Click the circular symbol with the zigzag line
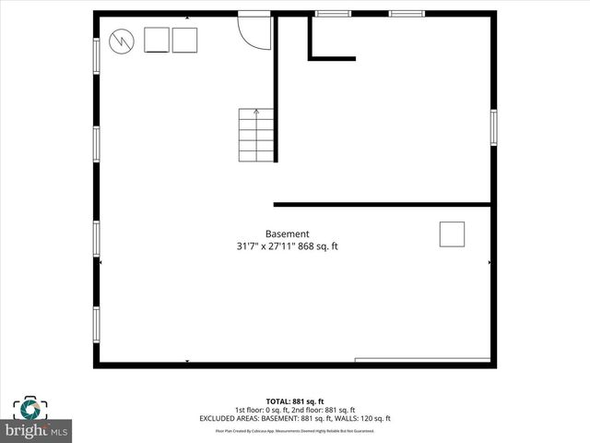(122, 42)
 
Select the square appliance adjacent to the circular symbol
(156, 41)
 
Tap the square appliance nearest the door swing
(184, 41)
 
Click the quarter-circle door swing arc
(252, 32)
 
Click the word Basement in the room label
(287, 233)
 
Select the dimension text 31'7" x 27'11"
(267, 246)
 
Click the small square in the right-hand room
(452, 234)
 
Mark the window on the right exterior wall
(493, 127)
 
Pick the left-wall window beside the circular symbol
(96, 54)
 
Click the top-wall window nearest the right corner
(406, 14)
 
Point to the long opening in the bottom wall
(421, 360)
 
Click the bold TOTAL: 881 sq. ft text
(294, 401)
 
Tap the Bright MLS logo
(38, 431)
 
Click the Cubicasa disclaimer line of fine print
(294, 430)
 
